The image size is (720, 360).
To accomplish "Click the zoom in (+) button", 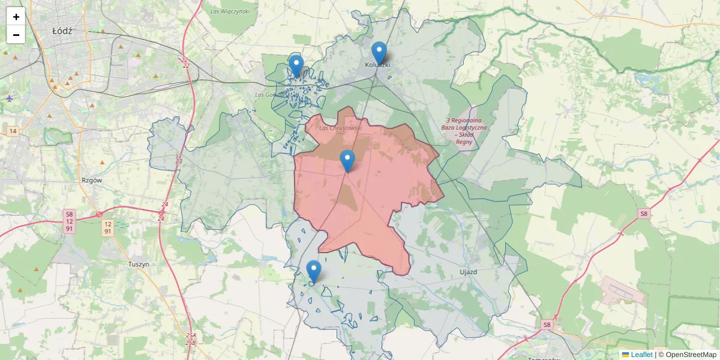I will click(16, 17).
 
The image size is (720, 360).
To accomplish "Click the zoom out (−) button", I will click(16, 35).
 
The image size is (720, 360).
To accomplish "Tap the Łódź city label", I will click(62, 31).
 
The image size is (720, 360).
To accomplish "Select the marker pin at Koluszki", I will click(379, 52).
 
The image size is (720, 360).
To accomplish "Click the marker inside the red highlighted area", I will click(347, 160).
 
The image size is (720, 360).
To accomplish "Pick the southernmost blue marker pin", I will click(313, 271).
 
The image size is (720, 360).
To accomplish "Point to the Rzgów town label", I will click(92, 179).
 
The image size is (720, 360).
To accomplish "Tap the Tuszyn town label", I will click(139, 264).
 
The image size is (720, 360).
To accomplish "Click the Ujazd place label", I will click(467, 272).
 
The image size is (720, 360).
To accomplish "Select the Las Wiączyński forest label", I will click(230, 11).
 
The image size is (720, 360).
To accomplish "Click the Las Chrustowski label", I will click(340, 128).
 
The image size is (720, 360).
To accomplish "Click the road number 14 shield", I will click(12, 131).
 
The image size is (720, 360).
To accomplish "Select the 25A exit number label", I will click(191, 335).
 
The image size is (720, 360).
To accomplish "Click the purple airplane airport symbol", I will click(9, 98).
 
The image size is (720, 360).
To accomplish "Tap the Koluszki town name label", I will click(378, 64).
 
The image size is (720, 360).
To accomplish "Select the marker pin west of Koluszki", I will click(296, 65).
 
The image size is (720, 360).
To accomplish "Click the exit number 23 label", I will click(179, 161).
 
